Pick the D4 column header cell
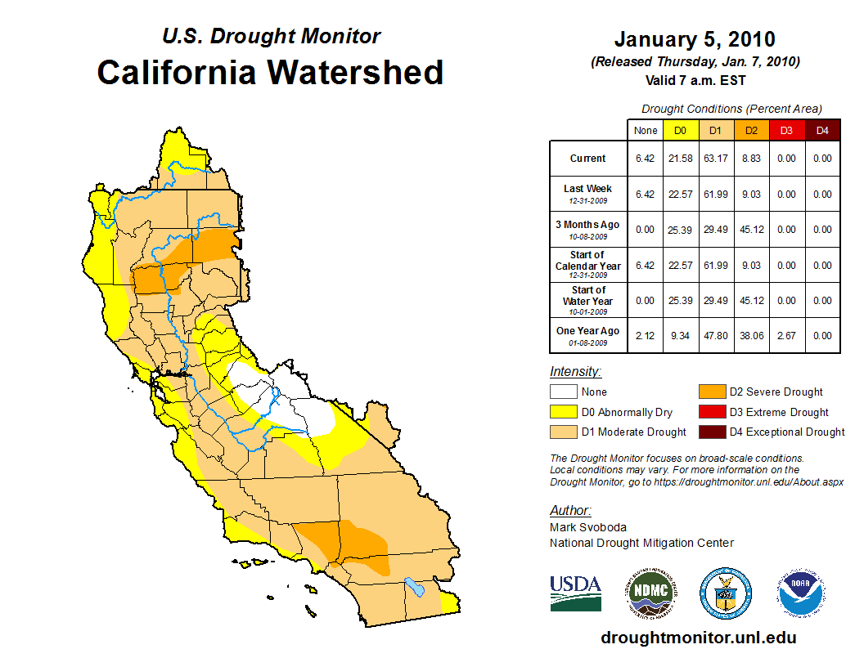822,131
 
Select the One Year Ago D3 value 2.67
786,335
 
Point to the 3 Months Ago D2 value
752,230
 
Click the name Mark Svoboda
588,527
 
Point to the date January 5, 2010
695,39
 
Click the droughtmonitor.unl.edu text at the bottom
698,638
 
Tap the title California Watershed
270,73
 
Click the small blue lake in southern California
416,587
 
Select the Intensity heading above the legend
575,371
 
